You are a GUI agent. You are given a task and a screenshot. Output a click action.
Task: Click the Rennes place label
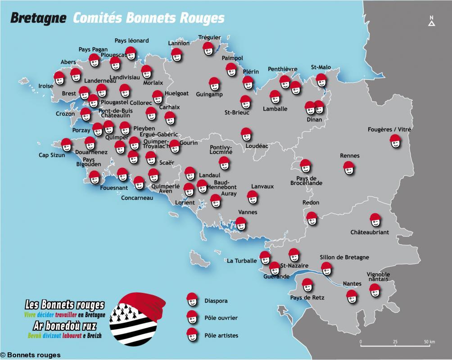350,156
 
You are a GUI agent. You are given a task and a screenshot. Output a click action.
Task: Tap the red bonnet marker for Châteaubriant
375,220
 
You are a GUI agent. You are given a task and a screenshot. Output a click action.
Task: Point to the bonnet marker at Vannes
241,223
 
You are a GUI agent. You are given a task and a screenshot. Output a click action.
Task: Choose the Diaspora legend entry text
216,301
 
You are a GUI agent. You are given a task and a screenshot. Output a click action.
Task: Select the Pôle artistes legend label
221,336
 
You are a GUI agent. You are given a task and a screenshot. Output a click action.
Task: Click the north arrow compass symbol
431,22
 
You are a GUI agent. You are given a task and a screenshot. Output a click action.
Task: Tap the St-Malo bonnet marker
321,80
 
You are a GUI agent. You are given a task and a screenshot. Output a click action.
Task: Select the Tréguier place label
209,37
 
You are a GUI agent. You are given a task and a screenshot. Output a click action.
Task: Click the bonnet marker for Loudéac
246,134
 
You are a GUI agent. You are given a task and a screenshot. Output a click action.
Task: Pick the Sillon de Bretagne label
344,257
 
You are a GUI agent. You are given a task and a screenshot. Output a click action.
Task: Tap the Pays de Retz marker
307,285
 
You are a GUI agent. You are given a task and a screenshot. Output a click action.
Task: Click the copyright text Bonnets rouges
30,355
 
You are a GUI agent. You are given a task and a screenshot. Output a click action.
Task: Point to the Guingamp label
209,94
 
